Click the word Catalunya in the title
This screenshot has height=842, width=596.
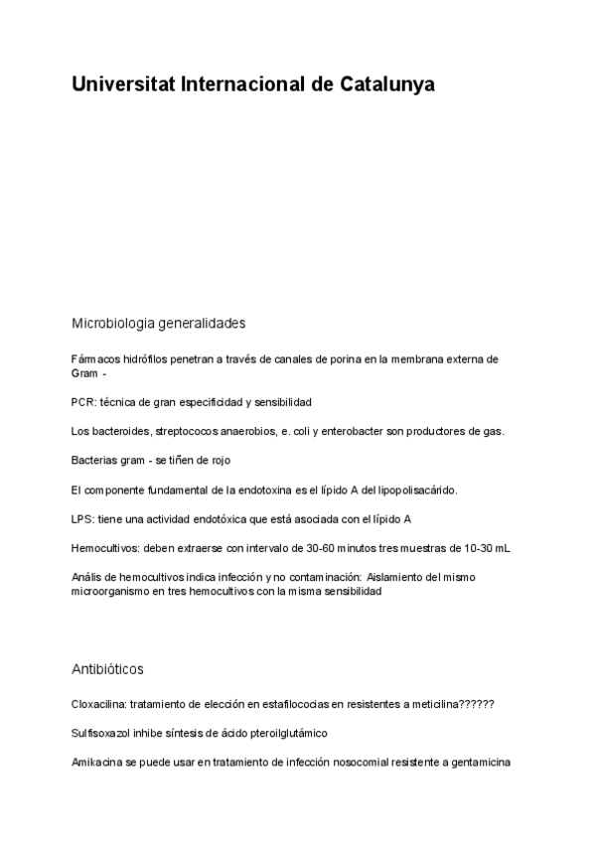pyautogui.click(x=387, y=85)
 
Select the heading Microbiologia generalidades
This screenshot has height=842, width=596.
pyautogui.click(x=158, y=324)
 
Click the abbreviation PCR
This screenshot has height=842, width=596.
pyautogui.click(x=82, y=402)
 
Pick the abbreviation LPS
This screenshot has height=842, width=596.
pyautogui.click(x=82, y=519)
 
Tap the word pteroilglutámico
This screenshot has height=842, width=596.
pyautogui.click(x=285, y=733)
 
